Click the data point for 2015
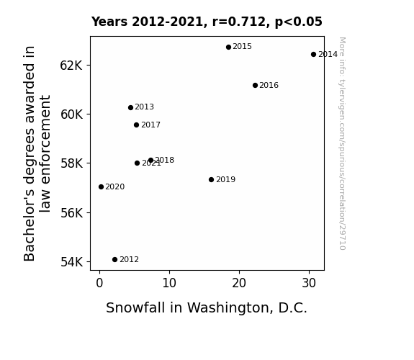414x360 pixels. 228,47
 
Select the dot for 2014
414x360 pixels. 313,55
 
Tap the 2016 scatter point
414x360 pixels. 255,85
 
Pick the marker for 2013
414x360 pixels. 130,107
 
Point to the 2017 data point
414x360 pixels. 136,125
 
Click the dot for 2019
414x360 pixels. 211,179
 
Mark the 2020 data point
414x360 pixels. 101,186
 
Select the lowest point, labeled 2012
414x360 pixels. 114,260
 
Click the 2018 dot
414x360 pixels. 150,160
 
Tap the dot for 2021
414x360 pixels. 137,163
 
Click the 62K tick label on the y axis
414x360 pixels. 71,66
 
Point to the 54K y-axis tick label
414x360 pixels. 71,262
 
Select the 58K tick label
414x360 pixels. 71,163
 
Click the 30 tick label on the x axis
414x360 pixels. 309,284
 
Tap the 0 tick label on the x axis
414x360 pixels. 99,284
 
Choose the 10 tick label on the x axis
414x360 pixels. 169,284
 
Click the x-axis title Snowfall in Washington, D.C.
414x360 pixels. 207,308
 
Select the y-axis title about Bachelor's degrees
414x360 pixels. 37,153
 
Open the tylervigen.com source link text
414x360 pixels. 342,143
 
